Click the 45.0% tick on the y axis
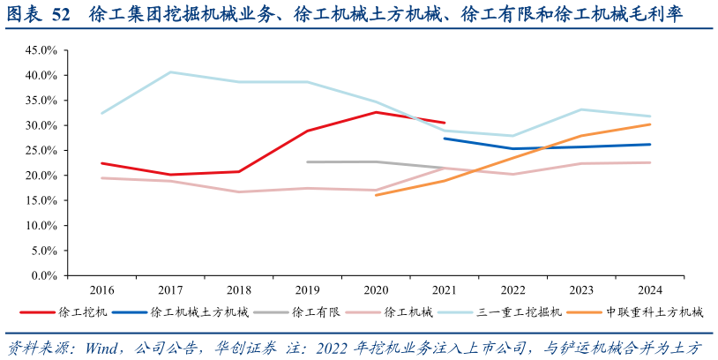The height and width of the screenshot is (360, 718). [x=42, y=50]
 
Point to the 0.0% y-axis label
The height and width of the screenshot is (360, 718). [x=45, y=275]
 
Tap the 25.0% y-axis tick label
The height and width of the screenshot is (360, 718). [x=42, y=150]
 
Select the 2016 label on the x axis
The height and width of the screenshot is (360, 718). [x=102, y=289]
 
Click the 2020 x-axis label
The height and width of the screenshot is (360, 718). [x=376, y=289]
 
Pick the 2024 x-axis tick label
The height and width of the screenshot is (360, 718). [x=650, y=289]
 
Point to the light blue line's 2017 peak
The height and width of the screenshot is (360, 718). [x=170, y=72]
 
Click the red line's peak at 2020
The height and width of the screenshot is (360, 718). [x=376, y=112]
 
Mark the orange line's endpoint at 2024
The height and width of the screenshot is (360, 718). [x=650, y=124]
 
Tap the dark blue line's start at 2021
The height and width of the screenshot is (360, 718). [x=445, y=139]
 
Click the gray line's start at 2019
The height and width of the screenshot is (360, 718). [x=308, y=161]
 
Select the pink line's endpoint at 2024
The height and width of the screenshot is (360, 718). [x=650, y=162]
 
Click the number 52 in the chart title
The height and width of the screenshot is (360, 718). [x=61, y=15]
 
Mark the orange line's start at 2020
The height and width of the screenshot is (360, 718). [x=376, y=194]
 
